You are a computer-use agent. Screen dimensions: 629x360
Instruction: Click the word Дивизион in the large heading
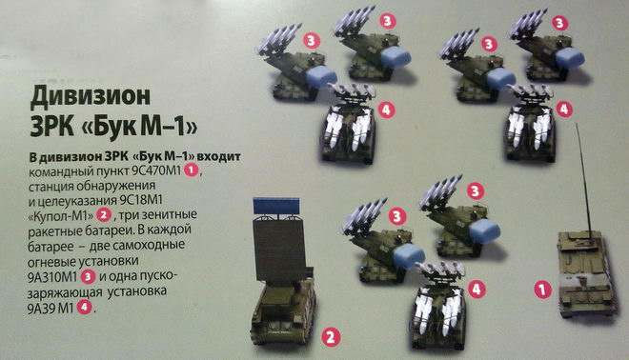click(91, 97)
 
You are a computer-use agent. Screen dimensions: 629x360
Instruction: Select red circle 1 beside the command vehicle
click(543, 290)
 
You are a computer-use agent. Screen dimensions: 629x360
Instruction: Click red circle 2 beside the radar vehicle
click(331, 337)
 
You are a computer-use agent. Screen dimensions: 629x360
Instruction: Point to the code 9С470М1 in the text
click(157, 171)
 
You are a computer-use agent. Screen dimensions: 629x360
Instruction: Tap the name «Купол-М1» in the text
click(61, 216)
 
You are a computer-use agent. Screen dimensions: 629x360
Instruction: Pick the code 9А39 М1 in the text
click(51, 309)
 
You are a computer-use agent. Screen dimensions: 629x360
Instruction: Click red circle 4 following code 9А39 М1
click(84, 308)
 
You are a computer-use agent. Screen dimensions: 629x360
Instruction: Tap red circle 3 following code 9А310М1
click(89, 276)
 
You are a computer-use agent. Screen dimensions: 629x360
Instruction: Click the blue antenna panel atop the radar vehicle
click(276, 206)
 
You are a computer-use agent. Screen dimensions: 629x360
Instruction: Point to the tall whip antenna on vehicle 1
click(584, 177)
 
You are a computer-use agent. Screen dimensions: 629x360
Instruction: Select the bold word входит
click(219, 157)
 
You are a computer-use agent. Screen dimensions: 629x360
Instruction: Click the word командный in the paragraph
click(60, 172)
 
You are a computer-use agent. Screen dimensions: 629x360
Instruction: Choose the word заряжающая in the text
click(65, 292)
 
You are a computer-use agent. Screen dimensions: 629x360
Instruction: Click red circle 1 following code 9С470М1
click(192, 170)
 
